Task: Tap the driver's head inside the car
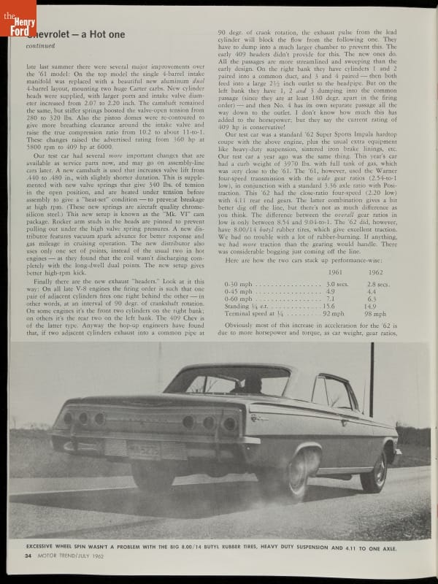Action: tap(252, 384)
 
